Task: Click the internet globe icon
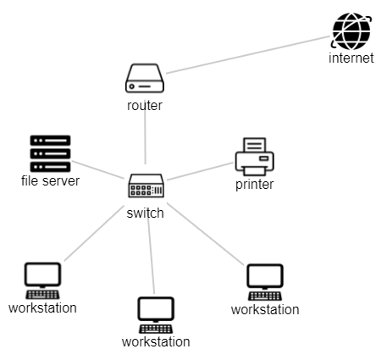[x=351, y=31]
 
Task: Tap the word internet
[x=351, y=58]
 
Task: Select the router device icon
[x=145, y=78]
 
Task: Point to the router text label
[x=145, y=106]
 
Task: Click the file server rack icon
[x=50, y=153]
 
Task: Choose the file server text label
[x=50, y=180]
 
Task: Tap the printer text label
[x=255, y=185]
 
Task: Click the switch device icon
[x=147, y=186]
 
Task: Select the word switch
[x=145, y=213]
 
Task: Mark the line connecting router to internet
[x=248, y=55]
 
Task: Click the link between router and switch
[x=145, y=136]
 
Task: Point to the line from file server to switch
[x=98, y=169]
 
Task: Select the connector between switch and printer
[x=200, y=171]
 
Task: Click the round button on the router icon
[x=131, y=86]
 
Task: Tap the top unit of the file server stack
[x=50, y=141]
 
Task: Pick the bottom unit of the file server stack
[x=50, y=167]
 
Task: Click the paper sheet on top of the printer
[x=255, y=145]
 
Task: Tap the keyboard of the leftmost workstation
[x=42, y=295]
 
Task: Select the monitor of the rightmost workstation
[x=265, y=276]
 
